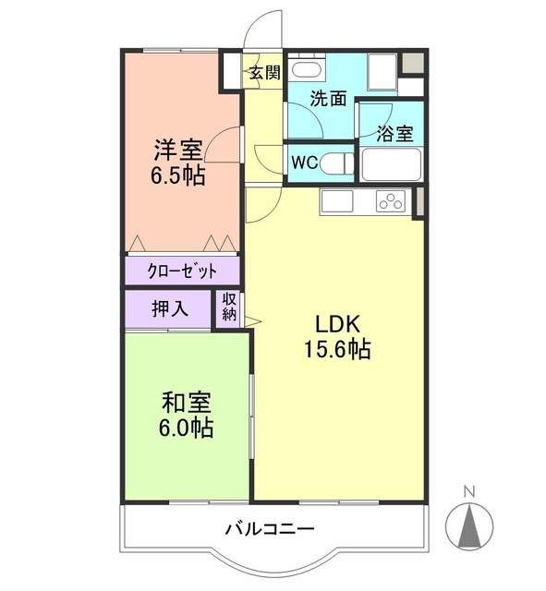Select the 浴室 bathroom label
click(x=394, y=133)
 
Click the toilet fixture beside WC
click(x=337, y=163)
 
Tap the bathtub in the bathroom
click(x=390, y=164)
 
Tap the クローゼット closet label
click(x=182, y=271)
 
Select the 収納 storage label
click(x=229, y=308)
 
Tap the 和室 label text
click(x=187, y=404)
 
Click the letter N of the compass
click(x=469, y=490)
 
